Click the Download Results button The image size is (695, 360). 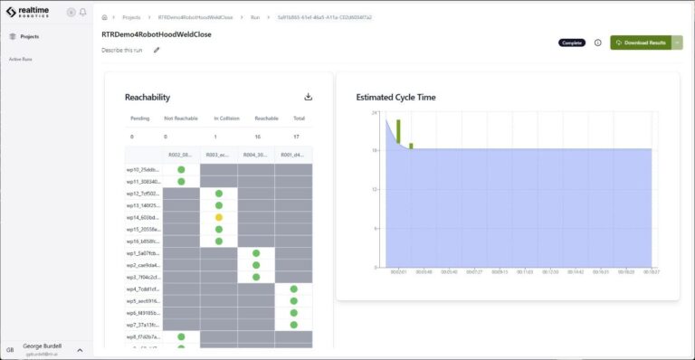click(x=640, y=43)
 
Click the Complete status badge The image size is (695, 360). click(x=572, y=43)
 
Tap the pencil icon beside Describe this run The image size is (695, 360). click(x=157, y=51)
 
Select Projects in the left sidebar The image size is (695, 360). click(x=29, y=36)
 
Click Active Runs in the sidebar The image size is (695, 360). click(x=21, y=59)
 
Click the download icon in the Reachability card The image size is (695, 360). click(x=309, y=97)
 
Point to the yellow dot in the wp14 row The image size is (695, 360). click(x=218, y=217)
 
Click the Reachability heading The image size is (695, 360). click(x=148, y=98)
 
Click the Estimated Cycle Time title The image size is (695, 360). click(x=395, y=97)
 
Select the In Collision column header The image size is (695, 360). click(x=228, y=118)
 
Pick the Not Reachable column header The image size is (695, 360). click(x=180, y=118)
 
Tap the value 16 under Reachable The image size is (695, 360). click(x=258, y=137)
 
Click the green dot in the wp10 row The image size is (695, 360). click(x=181, y=170)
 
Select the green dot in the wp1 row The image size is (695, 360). click(x=256, y=253)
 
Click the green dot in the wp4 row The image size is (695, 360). click(x=293, y=289)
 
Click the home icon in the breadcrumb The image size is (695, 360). click(x=105, y=17)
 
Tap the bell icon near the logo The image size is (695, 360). click(x=83, y=12)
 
